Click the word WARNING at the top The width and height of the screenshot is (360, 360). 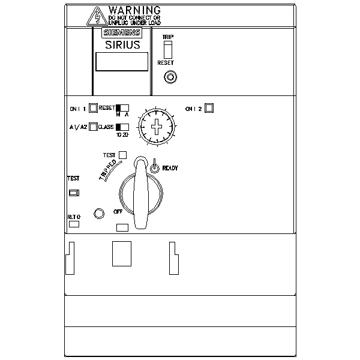click(135, 10)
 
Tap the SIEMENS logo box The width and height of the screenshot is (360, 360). click(122, 34)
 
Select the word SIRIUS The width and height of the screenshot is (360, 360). click(122, 44)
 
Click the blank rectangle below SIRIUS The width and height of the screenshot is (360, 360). click(122, 62)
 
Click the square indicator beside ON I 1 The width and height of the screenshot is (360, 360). click(93, 109)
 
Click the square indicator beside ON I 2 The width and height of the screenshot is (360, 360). click(209, 108)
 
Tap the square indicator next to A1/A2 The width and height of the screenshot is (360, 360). click(93, 127)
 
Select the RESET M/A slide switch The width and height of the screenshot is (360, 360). click(122, 108)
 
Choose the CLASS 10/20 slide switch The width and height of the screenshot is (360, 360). click(122, 127)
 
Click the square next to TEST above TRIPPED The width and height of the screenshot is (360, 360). click(122, 155)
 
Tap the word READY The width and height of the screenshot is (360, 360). click(170, 169)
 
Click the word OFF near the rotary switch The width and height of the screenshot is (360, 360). click(118, 212)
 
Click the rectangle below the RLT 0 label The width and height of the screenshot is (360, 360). click(74, 224)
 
